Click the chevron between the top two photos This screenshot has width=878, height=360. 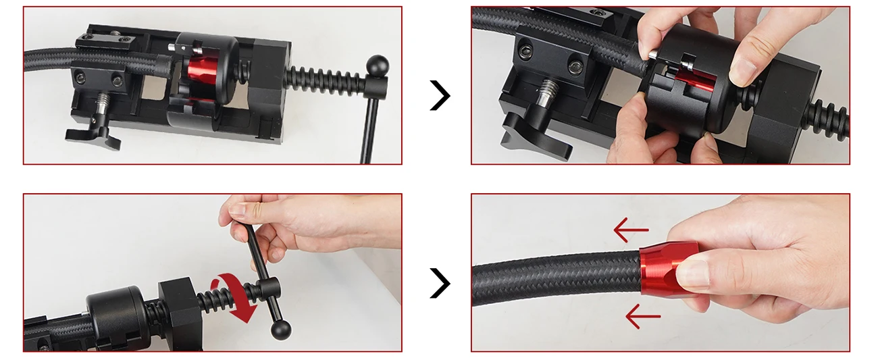(440, 96)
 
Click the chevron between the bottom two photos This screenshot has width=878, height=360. (440, 283)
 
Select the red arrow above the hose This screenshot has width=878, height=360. (631, 231)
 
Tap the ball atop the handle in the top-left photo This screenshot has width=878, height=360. (378, 66)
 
